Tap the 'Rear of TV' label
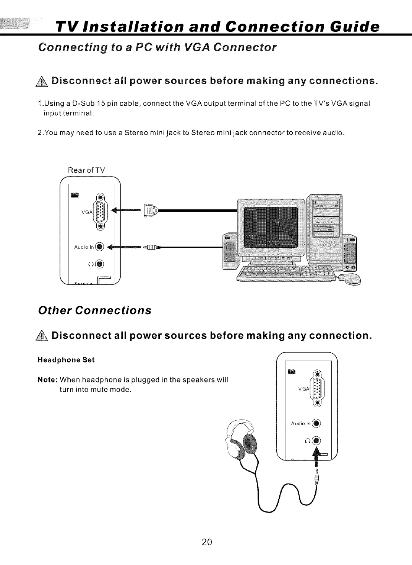pyautogui.click(x=86, y=170)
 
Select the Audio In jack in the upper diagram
pyautogui.click(x=99, y=246)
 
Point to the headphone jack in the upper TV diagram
pyautogui.click(x=99, y=263)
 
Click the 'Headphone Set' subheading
pyautogui.click(x=66, y=360)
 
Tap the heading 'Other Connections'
pyautogui.click(x=95, y=310)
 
